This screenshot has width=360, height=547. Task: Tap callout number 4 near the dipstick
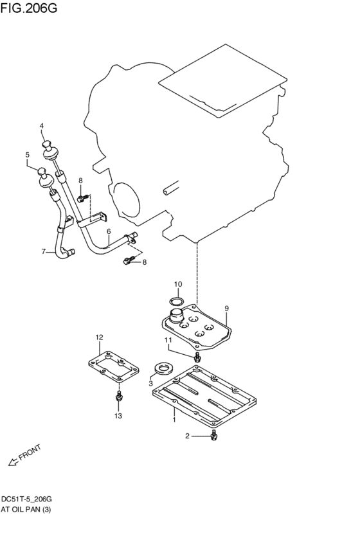(x=42, y=126)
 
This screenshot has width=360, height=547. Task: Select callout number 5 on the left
(x=28, y=155)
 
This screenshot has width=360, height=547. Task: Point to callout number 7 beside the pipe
(x=44, y=251)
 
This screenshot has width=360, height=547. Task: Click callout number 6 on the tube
(x=109, y=231)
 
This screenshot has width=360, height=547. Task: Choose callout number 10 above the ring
(x=178, y=283)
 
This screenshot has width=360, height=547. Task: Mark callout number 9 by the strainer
(x=226, y=309)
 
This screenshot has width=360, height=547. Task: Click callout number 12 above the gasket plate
(x=99, y=337)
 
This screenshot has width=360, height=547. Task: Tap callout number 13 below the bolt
(x=118, y=417)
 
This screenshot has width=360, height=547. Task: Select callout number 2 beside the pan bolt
(x=188, y=436)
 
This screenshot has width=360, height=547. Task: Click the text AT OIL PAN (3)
(x=26, y=509)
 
